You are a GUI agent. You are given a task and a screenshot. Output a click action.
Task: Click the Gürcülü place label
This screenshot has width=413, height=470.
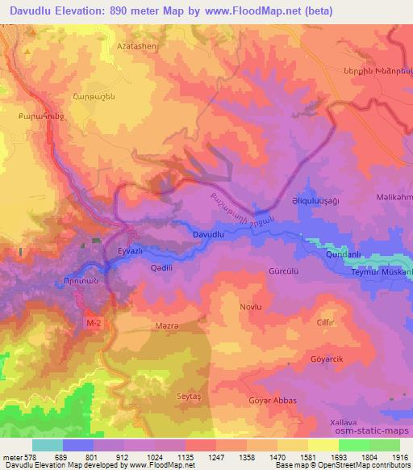pos(285,271)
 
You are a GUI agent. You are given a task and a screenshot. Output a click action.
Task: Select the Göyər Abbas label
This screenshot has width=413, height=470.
pos(273,401)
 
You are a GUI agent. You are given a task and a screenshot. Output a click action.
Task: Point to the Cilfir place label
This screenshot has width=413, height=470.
pos(326,321)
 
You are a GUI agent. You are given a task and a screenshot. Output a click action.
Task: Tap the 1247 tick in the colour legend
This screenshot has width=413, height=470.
pos(215,457)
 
